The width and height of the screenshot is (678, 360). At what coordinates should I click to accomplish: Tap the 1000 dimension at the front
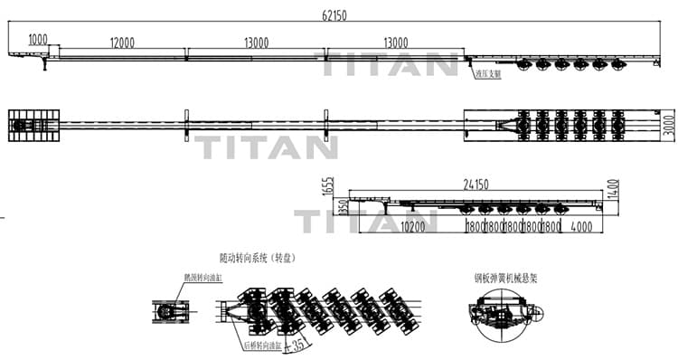pos(38,39)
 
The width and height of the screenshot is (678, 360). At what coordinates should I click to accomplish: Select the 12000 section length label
pos(122,42)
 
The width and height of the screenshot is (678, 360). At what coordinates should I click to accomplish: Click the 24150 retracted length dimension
pos(476,184)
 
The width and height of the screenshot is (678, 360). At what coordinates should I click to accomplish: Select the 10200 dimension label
pos(413,226)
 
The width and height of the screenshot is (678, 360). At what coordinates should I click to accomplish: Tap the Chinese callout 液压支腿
pos(488,75)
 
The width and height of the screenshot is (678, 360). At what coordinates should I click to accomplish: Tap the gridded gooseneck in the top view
pos(33,125)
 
